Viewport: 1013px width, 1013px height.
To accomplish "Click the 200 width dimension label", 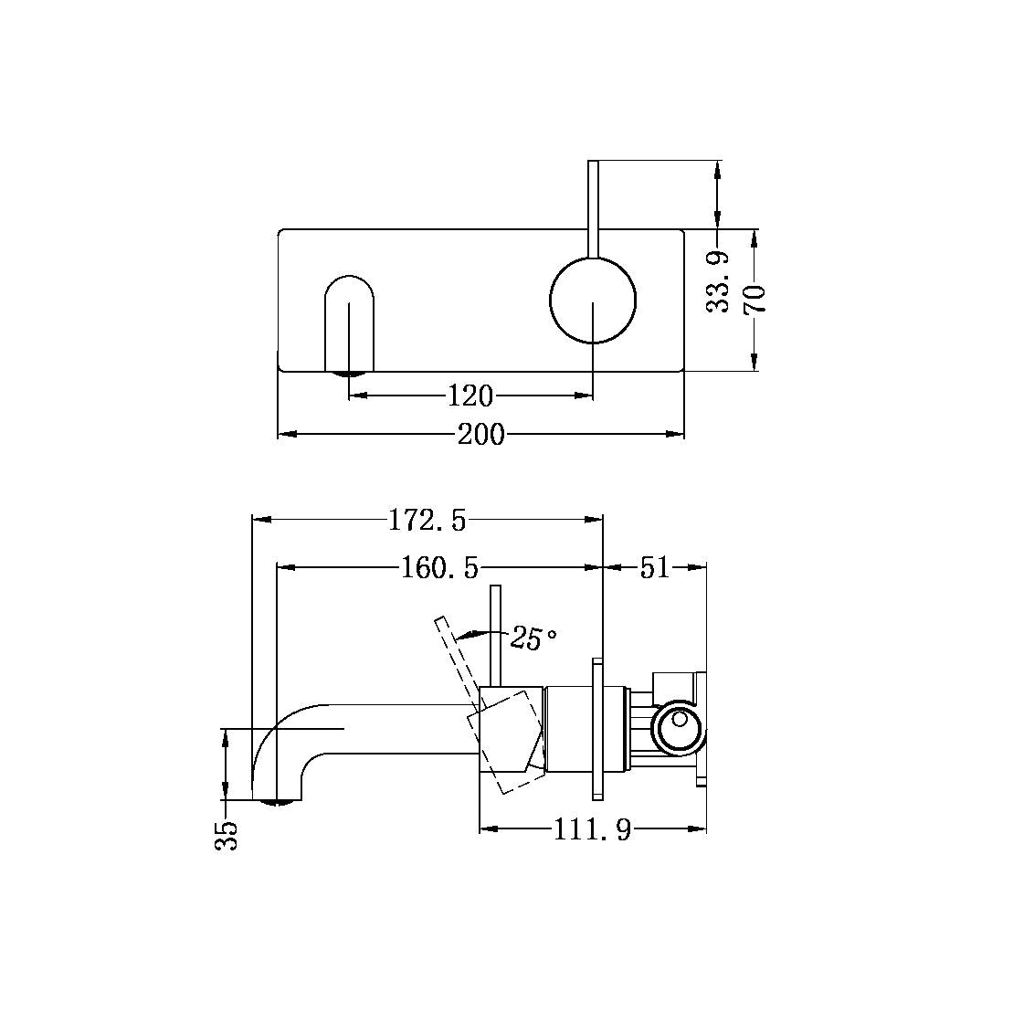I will pyautogui.click(x=480, y=435).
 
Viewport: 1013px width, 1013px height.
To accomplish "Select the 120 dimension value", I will pyautogui.click(x=470, y=396).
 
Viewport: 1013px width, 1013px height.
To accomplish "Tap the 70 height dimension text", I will pyautogui.click(x=754, y=299).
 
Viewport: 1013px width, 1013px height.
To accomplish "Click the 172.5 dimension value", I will pyautogui.click(x=427, y=520).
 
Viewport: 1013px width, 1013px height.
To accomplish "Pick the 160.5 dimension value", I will pyautogui.click(x=439, y=568).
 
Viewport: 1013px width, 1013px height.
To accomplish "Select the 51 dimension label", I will pyautogui.click(x=654, y=568).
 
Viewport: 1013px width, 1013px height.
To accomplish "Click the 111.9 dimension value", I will pyautogui.click(x=592, y=830).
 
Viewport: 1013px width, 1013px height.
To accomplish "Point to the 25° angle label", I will pyautogui.click(x=533, y=638).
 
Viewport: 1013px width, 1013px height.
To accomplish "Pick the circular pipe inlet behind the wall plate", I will pyautogui.click(x=677, y=727).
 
